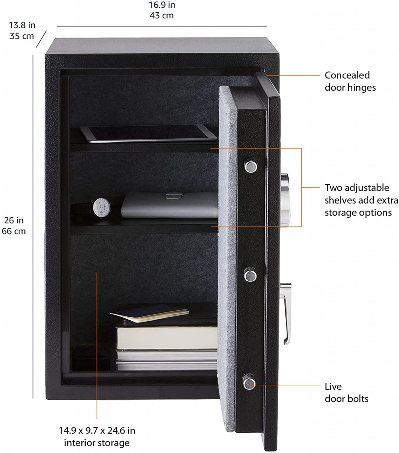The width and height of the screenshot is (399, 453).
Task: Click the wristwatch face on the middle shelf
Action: (102, 207)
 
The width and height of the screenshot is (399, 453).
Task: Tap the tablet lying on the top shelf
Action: (149, 134)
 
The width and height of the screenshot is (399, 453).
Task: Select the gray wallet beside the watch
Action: (170, 205)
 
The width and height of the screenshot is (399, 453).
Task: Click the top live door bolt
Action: (250, 166)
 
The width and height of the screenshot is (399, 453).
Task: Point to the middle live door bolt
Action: (250, 275)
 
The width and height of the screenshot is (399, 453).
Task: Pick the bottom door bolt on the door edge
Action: (249, 384)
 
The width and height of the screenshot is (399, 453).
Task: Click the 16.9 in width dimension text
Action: (162, 5)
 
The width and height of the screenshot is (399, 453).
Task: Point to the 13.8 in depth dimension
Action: (22, 25)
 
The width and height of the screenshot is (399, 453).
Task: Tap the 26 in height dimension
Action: (14, 220)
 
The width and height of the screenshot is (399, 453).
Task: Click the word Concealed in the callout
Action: (347, 75)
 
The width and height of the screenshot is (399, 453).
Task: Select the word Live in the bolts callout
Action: (333, 386)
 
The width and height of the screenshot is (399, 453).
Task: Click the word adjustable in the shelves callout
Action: (367, 188)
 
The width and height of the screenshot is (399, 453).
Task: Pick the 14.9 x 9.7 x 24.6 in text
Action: (97, 430)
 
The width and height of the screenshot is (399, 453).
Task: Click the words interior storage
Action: (97, 443)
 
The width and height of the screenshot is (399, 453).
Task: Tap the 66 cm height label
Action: (14, 231)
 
